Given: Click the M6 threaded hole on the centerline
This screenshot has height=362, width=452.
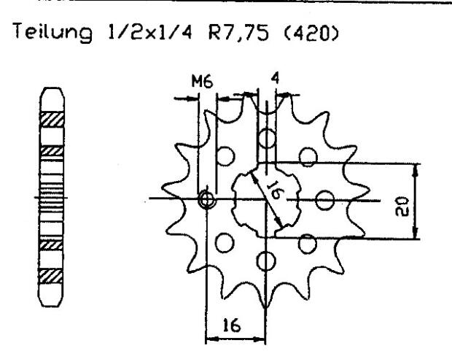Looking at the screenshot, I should [208, 199].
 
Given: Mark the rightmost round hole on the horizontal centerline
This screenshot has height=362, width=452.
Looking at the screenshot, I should [327, 199].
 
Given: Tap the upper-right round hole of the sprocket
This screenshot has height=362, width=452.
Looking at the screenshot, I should [310, 154].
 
